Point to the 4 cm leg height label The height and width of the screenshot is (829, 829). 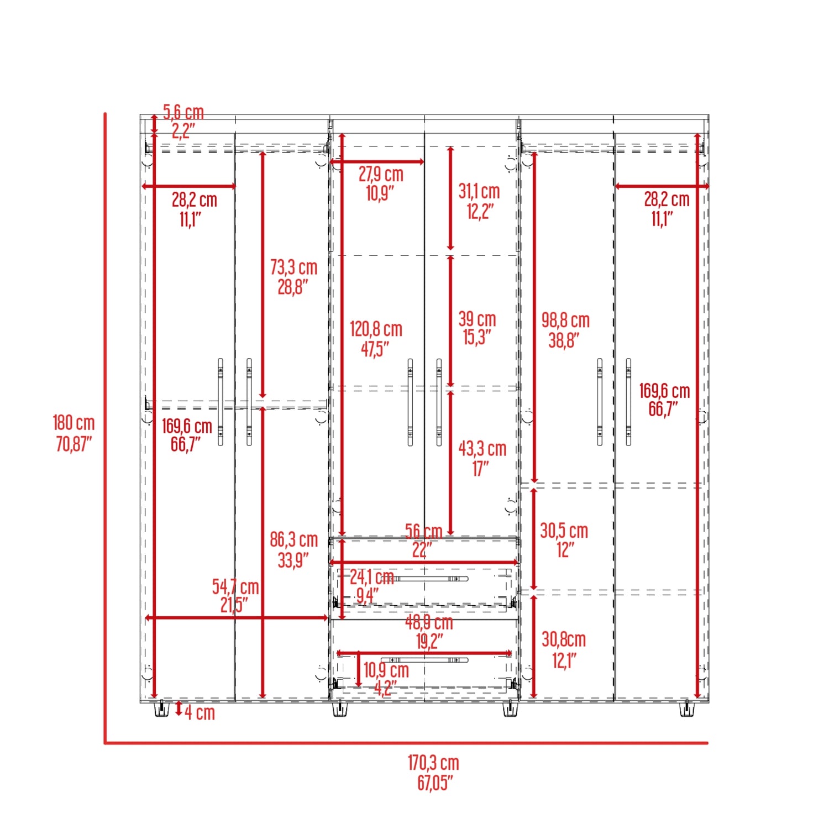[x=200, y=712]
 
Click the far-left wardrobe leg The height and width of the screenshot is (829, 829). [x=161, y=709]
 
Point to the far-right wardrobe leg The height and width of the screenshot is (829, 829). [x=686, y=709]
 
